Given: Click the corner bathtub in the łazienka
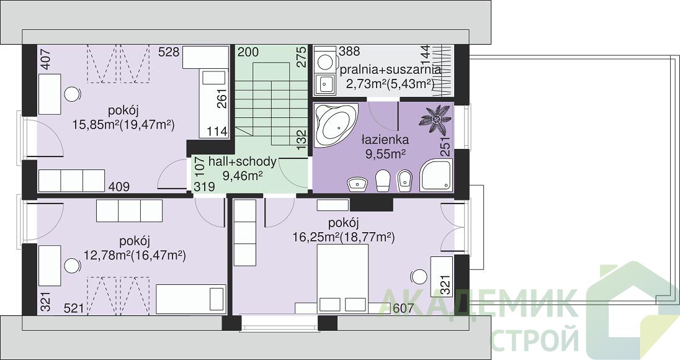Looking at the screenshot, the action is coord(335,125).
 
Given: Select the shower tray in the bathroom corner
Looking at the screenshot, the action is coord(436,175).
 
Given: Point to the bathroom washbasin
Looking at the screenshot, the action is coord(357,184).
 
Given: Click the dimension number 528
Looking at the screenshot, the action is coord(169,52).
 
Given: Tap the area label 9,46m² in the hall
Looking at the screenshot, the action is coord(242,175).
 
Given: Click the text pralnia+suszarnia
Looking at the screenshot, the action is coord(390,70).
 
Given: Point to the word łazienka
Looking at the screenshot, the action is coord(385,140).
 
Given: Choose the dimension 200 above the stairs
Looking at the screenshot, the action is coord(248,52).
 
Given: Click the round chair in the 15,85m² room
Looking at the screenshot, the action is coord(72,94).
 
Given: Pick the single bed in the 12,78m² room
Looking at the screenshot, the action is coord(191,299).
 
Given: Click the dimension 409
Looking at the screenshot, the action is coord(119,187).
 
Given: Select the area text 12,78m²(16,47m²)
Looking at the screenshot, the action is coord(135,255).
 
